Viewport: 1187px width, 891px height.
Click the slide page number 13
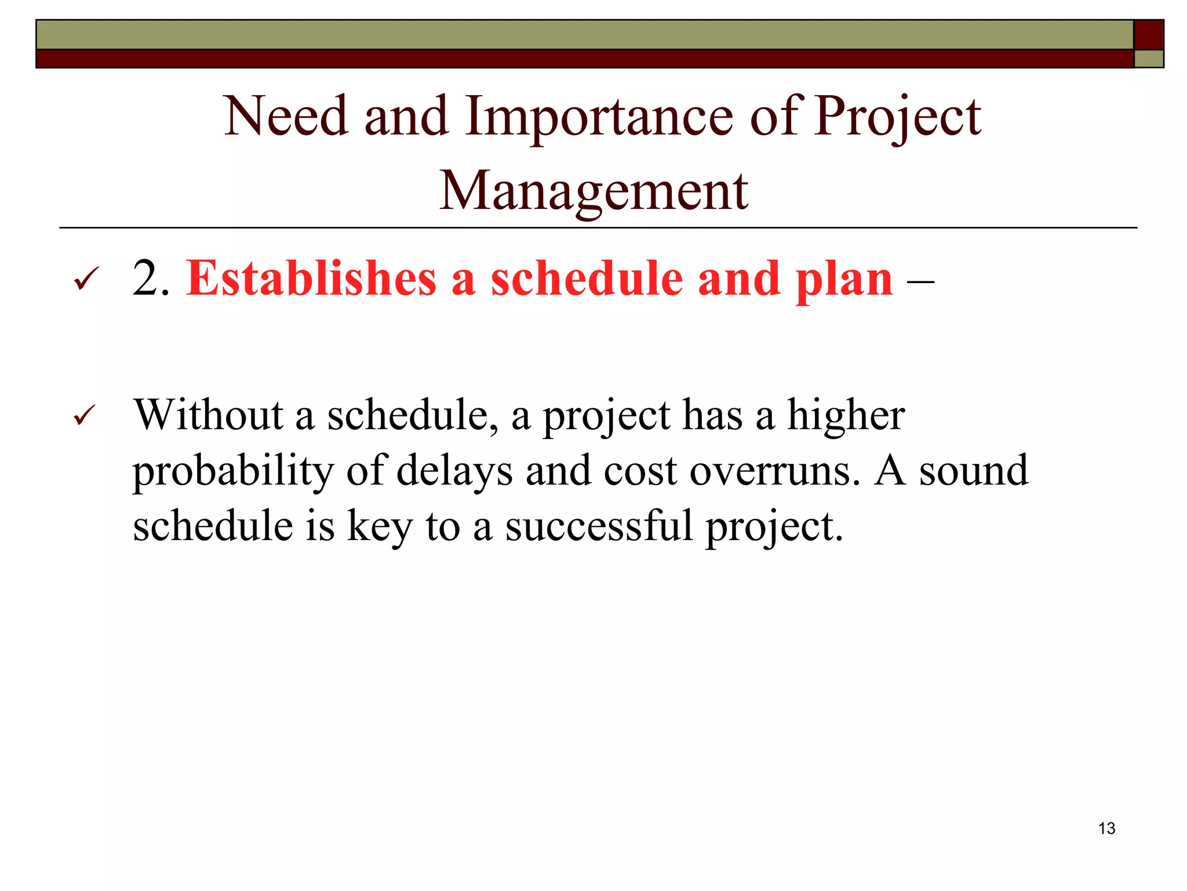(1106, 828)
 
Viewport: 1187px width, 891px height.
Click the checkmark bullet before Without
(86, 416)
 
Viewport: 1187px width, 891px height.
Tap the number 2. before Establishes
(151, 279)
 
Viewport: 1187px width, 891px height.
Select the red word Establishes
(311, 279)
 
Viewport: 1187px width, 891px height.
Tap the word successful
(599, 526)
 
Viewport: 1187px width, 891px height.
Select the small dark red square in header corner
(1148, 35)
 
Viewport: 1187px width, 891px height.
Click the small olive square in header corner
(1148, 59)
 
